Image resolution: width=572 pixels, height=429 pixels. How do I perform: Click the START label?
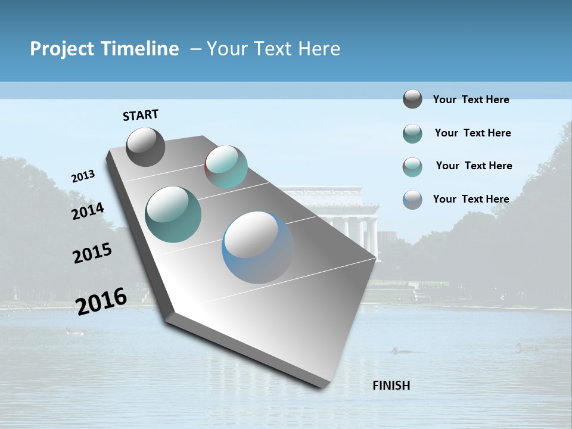pos(141,115)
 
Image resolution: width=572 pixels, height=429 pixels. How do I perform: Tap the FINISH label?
pos(391,386)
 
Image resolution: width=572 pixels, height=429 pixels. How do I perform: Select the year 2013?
pos(83,176)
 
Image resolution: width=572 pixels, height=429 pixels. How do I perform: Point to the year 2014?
pos(88,212)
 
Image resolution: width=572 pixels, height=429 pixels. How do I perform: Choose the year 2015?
pos(92,253)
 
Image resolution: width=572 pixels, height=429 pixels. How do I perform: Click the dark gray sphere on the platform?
pos(145,147)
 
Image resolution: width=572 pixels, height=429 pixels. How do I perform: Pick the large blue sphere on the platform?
pos(257,247)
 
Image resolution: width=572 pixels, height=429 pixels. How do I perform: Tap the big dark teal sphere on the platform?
pos(173,214)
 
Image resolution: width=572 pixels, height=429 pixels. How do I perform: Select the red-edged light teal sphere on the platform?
pos(226,167)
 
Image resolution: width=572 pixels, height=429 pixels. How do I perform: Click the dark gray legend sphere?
pos(412,99)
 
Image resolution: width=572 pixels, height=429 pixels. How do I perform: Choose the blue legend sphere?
pos(412,199)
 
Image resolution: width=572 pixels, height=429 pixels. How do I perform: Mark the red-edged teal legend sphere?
pos(412,166)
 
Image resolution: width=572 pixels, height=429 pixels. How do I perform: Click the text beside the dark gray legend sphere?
pos(471,100)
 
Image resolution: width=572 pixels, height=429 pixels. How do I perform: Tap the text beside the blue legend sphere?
pos(471,199)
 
